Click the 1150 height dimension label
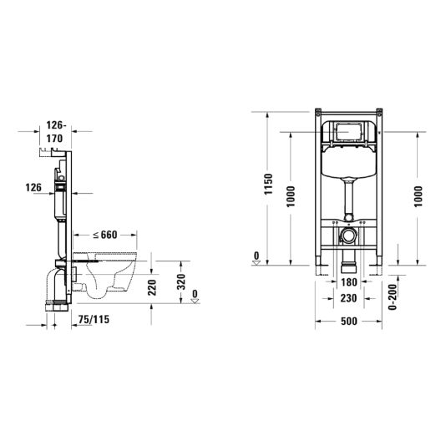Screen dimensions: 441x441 pyautogui.click(x=269, y=185)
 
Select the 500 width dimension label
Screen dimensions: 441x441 pyautogui.click(x=349, y=322)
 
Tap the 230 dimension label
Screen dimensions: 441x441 pyautogui.click(x=349, y=298)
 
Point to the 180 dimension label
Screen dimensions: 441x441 pyautogui.click(x=349, y=282)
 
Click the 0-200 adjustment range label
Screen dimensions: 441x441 pyautogui.click(x=393, y=297)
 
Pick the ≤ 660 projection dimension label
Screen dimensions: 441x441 pyautogui.click(x=105, y=235)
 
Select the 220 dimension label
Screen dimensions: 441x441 pyautogui.click(x=152, y=287)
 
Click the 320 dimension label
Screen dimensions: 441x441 pyautogui.click(x=181, y=281)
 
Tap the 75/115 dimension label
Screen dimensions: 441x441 pyautogui.click(x=94, y=320)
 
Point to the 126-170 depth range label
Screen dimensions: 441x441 pyautogui.click(x=55, y=132)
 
